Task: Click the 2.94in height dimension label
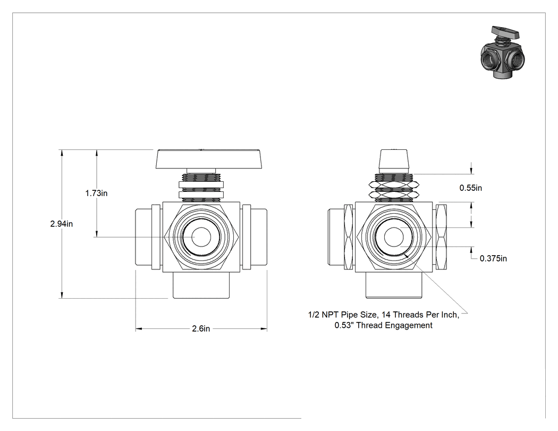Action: click(x=61, y=224)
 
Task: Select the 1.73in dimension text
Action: click(x=96, y=193)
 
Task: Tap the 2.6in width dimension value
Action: click(x=201, y=328)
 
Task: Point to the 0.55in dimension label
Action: click(x=470, y=188)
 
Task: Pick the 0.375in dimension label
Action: click(x=493, y=258)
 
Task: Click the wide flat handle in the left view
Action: click(x=209, y=159)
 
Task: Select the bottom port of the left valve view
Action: click(x=201, y=285)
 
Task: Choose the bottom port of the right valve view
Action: click(x=394, y=285)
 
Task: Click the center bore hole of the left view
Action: click(x=201, y=236)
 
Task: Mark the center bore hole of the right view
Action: click(x=394, y=236)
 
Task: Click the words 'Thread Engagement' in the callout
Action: click(x=394, y=325)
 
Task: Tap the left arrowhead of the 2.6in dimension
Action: click(x=138, y=329)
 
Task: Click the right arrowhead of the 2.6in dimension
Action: click(x=264, y=329)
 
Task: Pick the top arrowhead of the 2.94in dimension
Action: click(x=62, y=153)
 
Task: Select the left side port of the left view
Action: click(x=143, y=236)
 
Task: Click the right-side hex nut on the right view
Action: click(x=442, y=236)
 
